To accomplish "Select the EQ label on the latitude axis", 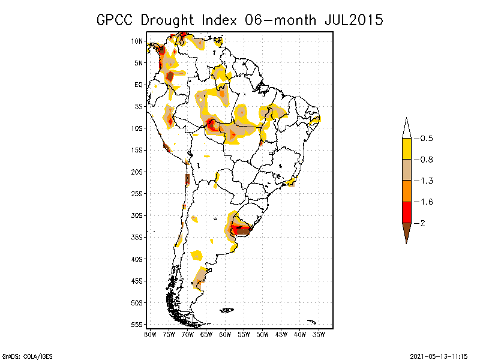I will (x=139, y=85).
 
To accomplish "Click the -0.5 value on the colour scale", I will (x=425, y=139).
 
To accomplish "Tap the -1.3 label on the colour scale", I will (x=425, y=181).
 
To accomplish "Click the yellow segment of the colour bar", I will (x=406, y=149).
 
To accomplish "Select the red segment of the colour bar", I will (x=406, y=212).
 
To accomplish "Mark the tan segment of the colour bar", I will (x=406, y=170).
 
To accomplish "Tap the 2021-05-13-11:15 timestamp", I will (x=439, y=355).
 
